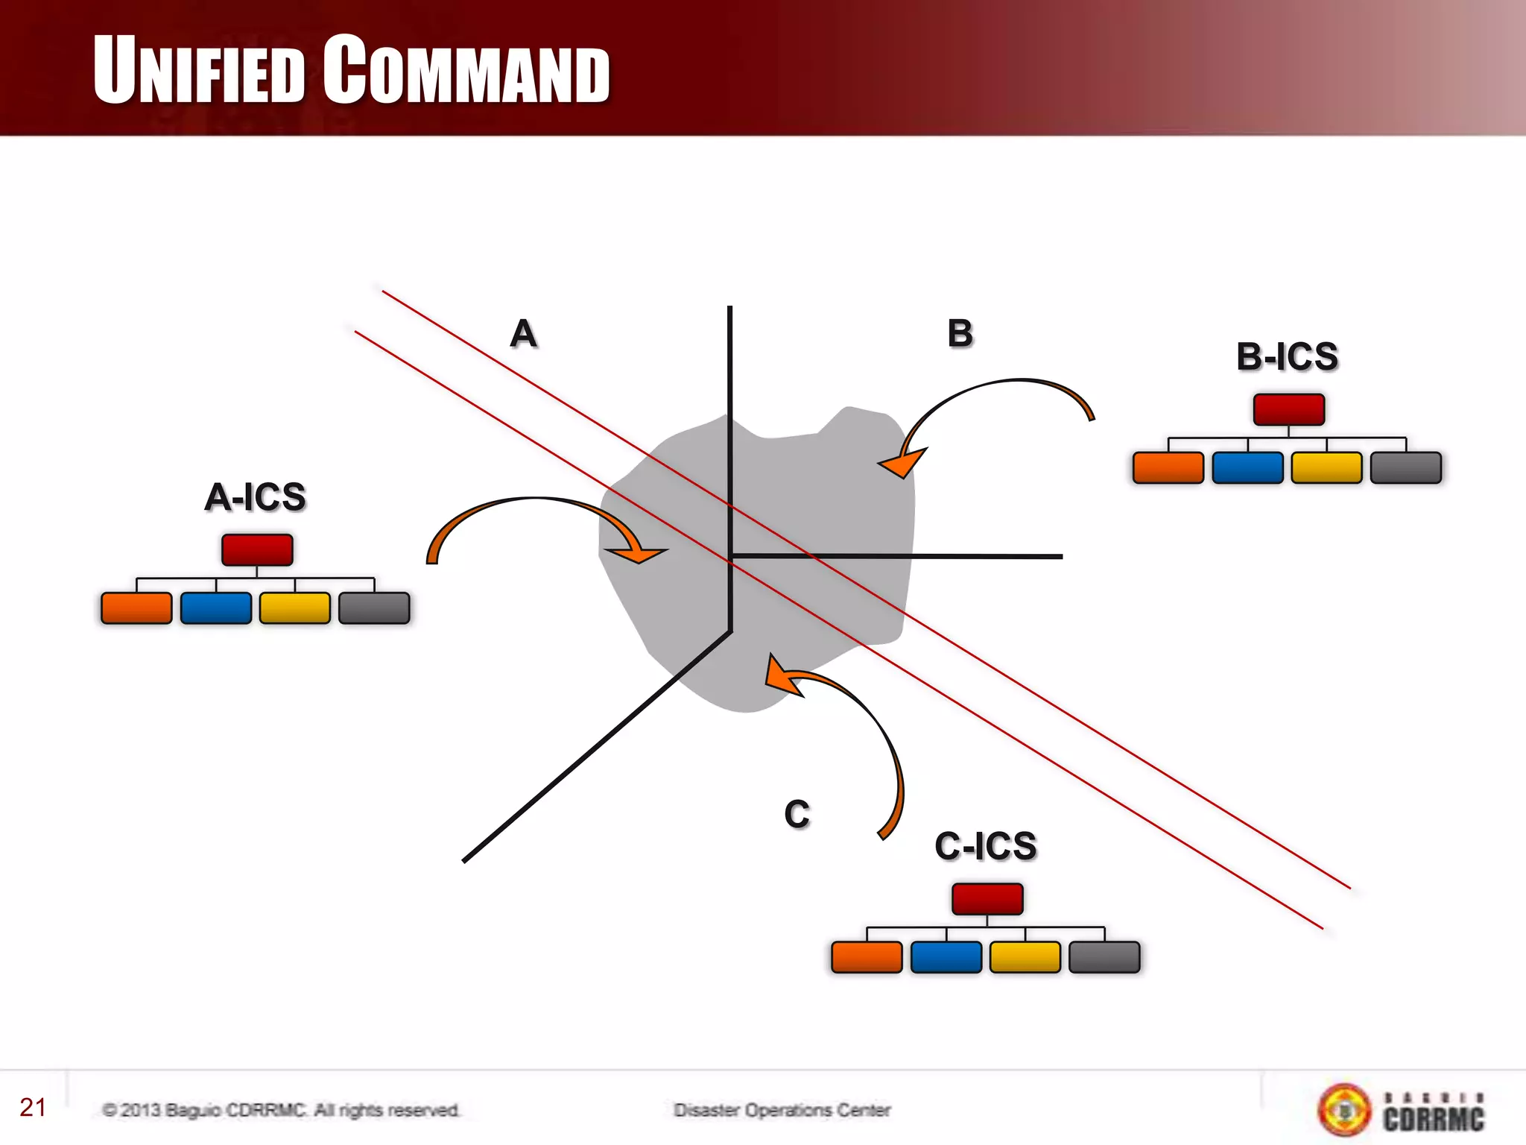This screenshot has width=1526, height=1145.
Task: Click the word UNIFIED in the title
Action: pyautogui.click(x=199, y=70)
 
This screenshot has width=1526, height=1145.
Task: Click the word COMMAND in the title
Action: pyautogui.click(x=466, y=70)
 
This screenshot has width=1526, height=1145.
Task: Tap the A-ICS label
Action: pyautogui.click(x=256, y=497)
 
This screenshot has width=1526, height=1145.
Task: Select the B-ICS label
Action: pyautogui.click(x=1288, y=357)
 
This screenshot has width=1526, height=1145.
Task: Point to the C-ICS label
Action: pyautogui.click(x=986, y=847)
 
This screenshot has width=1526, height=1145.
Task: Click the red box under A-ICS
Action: pyautogui.click(x=257, y=550)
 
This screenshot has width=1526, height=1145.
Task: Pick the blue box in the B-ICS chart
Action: pyautogui.click(x=1247, y=468)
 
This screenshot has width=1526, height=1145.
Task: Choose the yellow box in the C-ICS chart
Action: pyautogui.click(x=1025, y=957)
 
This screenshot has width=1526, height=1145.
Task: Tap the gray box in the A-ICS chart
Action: pyautogui.click(x=374, y=608)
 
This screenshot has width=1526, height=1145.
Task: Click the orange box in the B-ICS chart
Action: pyautogui.click(x=1168, y=468)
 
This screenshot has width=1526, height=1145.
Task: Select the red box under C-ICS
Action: pyautogui.click(x=987, y=899)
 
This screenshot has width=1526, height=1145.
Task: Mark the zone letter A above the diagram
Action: pyautogui.click(x=524, y=333)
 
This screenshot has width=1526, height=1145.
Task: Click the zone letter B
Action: pyautogui.click(x=960, y=333)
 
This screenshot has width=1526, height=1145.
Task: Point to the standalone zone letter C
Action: pyautogui.click(x=797, y=814)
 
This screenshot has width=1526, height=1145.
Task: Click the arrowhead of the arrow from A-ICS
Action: pyautogui.click(x=641, y=553)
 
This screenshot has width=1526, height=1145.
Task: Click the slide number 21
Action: pyautogui.click(x=34, y=1108)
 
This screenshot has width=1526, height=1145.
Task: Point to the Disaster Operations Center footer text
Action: pyautogui.click(x=782, y=1111)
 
